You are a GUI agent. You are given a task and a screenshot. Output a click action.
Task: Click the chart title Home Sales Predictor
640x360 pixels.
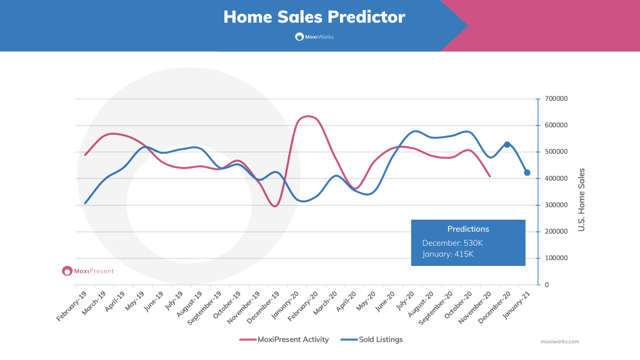[x=314, y=17]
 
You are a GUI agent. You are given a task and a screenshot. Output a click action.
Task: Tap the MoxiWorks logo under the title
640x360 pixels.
[x=314, y=37]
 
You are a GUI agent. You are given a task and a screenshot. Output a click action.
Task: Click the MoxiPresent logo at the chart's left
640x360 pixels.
[x=88, y=271]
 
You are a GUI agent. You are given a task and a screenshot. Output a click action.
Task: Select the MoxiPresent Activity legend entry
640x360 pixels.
[x=284, y=339]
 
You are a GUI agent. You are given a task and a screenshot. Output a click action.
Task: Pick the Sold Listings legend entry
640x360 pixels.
[x=372, y=339]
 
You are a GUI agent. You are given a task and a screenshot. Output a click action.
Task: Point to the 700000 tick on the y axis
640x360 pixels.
[x=556, y=99]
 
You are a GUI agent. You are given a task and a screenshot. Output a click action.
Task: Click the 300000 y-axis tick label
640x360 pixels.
[x=556, y=205]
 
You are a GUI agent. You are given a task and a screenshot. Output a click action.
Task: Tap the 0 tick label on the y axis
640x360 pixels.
[x=547, y=285]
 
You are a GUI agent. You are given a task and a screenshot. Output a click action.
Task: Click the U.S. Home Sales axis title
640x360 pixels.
[x=581, y=200]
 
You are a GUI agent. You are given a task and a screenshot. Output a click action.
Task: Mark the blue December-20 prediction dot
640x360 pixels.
[x=507, y=145]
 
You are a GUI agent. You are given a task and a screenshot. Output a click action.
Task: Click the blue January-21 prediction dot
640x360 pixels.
[x=527, y=173]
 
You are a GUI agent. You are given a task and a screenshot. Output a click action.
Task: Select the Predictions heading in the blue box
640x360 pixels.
[x=468, y=229]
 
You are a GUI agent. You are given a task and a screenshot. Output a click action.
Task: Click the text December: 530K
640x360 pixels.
[x=452, y=243]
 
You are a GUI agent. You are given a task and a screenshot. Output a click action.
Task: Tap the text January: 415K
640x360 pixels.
[x=448, y=254]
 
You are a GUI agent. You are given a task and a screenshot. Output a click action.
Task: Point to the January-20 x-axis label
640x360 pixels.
[x=285, y=305]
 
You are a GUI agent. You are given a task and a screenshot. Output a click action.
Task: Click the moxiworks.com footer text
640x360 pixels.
[x=560, y=342]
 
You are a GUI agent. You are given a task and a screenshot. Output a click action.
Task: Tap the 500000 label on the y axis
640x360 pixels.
[x=556, y=152]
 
